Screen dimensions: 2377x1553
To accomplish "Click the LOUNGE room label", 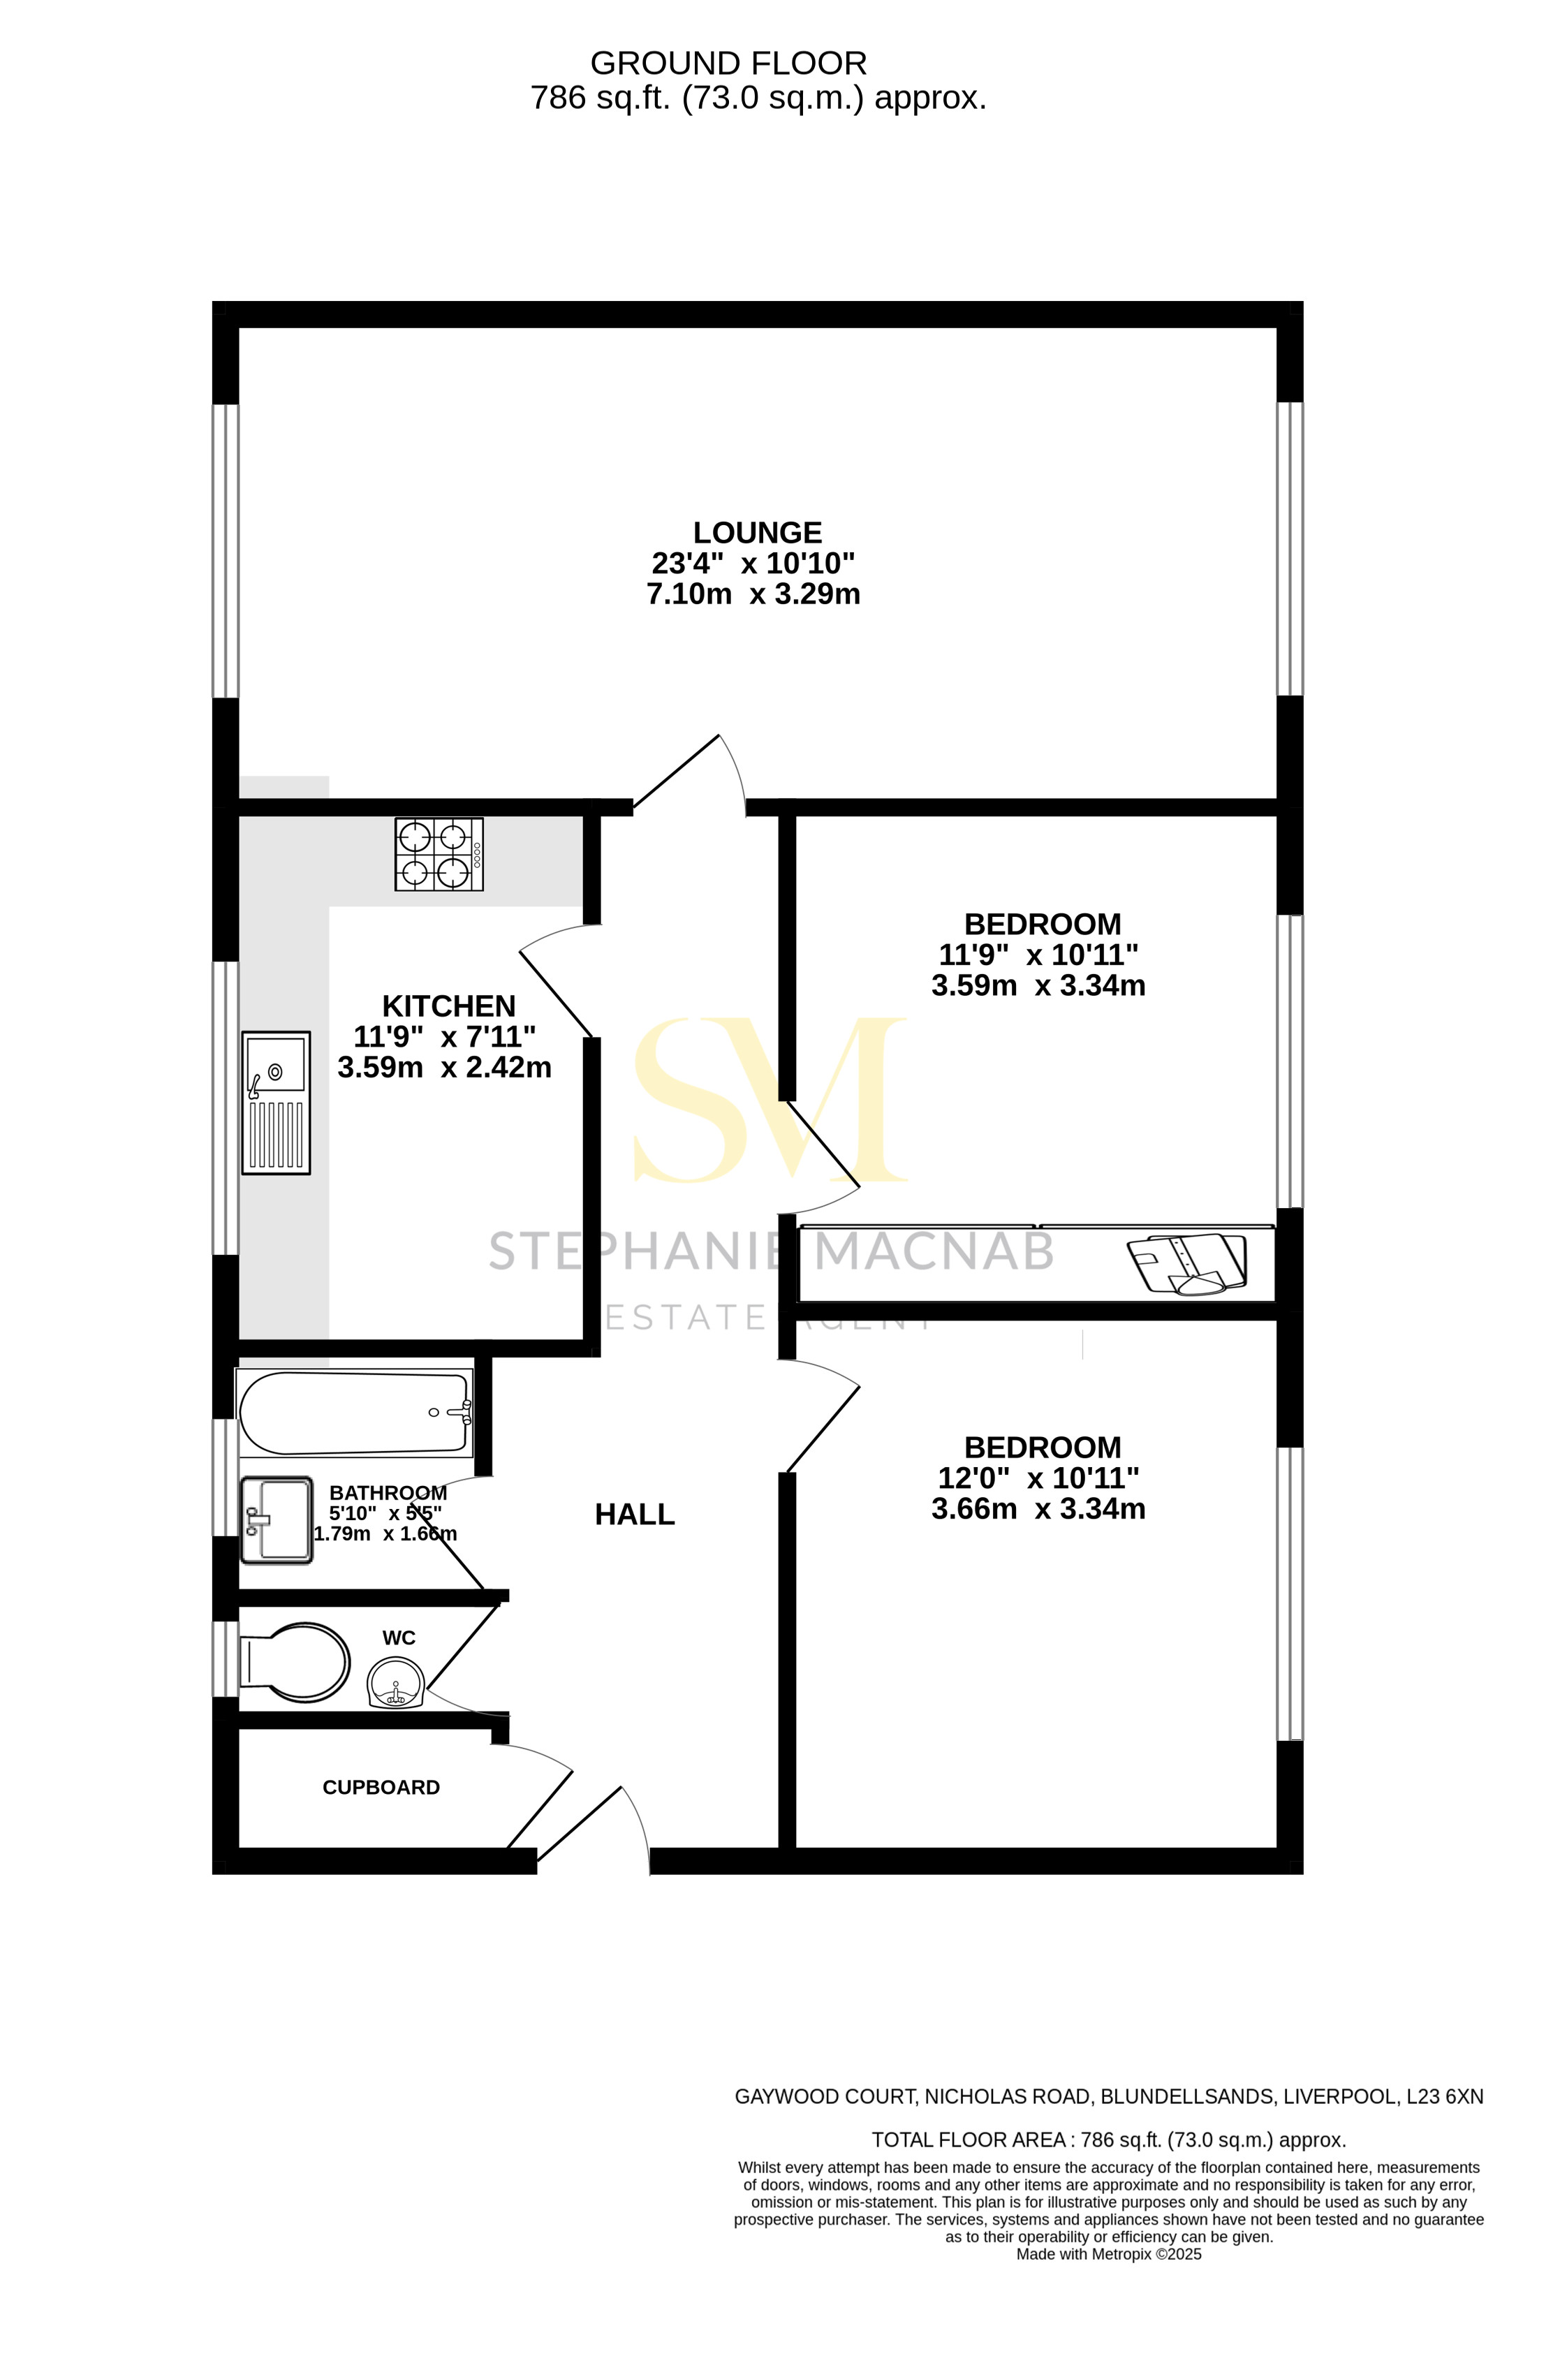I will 757,532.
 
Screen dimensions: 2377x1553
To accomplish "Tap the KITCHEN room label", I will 448,1006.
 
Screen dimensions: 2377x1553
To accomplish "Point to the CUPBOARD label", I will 381,1787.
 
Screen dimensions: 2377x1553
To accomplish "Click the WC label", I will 399,1638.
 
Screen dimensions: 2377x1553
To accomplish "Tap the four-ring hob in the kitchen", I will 439,854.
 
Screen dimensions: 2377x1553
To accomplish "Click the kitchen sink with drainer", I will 276,1102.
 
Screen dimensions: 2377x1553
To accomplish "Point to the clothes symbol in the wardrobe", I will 1186,1263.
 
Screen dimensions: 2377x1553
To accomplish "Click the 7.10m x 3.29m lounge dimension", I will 753,594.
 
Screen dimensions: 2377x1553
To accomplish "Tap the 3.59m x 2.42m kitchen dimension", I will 444,1068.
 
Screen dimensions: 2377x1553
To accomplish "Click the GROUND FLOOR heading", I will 728,63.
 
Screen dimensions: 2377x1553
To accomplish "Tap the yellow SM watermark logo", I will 769,1098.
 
